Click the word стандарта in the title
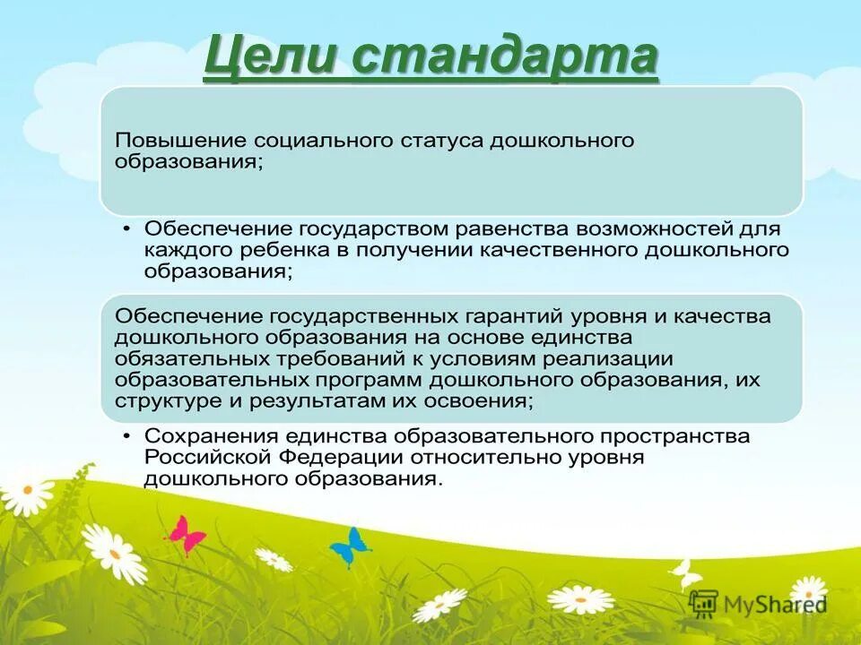click(x=504, y=58)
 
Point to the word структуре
click(x=167, y=401)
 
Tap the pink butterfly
click(x=186, y=535)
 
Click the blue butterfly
click(x=350, y=544)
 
